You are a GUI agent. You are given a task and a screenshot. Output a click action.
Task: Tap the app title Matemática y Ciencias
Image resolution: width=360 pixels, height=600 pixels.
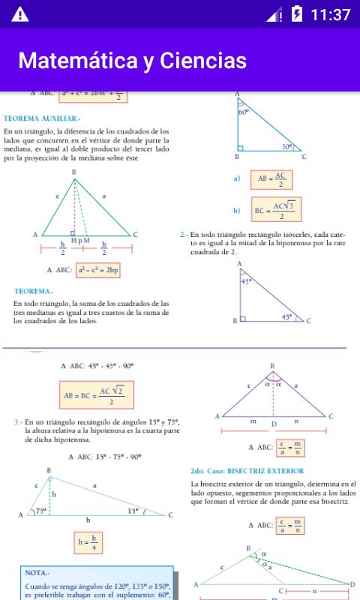(x=132, y=60)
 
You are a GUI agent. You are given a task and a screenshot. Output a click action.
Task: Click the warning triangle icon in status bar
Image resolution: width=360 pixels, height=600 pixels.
(x=19, y=14)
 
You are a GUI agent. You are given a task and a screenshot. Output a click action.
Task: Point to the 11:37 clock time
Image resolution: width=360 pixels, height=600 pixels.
(x=330, y=14)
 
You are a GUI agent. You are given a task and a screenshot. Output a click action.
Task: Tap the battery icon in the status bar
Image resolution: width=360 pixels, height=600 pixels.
(x=297, y=14)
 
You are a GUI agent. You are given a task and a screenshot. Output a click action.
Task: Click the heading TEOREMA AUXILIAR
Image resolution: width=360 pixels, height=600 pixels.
(x=42, y=118)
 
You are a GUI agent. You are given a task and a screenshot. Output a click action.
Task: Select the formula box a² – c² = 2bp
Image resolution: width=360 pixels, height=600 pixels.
(x=97, y=270)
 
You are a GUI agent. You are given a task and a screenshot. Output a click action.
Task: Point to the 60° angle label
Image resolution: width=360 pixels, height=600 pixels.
(x=243, y=112)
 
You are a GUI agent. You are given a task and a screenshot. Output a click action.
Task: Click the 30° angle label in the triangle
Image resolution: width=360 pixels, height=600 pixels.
(x=287, y=147)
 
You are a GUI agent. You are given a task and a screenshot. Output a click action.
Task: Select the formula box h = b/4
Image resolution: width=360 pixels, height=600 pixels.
(x=88, y=542)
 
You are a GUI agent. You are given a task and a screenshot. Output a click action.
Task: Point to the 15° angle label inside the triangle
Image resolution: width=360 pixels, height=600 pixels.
(x=133, y=511)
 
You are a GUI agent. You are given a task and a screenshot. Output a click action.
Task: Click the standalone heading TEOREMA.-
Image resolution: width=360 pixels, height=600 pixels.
(x=34, y=290)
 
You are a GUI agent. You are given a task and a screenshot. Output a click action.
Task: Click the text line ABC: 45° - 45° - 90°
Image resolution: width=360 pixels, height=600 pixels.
(x=97, y=366)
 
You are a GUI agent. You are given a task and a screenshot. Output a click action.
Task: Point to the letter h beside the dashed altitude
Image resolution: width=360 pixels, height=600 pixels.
(x=54, y=494)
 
